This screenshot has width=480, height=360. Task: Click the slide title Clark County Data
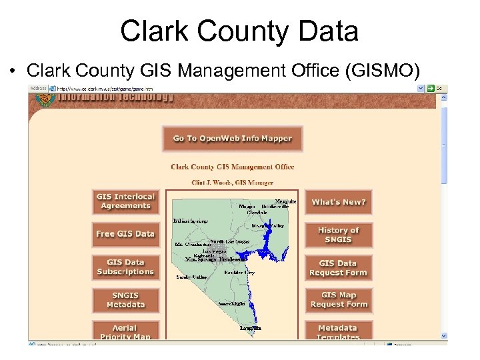[239, 31]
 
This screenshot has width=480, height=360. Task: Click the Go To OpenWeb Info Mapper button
[233, 139]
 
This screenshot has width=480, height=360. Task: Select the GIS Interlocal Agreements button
[125, 201]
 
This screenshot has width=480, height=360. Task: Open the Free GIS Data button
[125, 234]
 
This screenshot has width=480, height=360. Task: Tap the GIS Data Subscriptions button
[125, 267]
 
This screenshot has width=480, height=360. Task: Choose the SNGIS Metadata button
[125, 300]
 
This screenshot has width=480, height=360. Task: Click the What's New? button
[339, 202]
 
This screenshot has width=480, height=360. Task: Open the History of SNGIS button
[339, 235]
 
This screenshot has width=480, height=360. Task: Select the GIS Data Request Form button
[339, 268]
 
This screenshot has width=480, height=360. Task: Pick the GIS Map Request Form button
[339, 300]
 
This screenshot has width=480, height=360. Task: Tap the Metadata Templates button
[339, 331]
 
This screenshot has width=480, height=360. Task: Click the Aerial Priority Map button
[125, 331]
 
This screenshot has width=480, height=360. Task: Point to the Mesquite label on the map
[286, 201]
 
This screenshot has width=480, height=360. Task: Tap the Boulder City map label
[239, 273]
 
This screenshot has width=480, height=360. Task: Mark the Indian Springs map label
[191, 221]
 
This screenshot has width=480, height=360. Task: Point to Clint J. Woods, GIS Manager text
[232, 181]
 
